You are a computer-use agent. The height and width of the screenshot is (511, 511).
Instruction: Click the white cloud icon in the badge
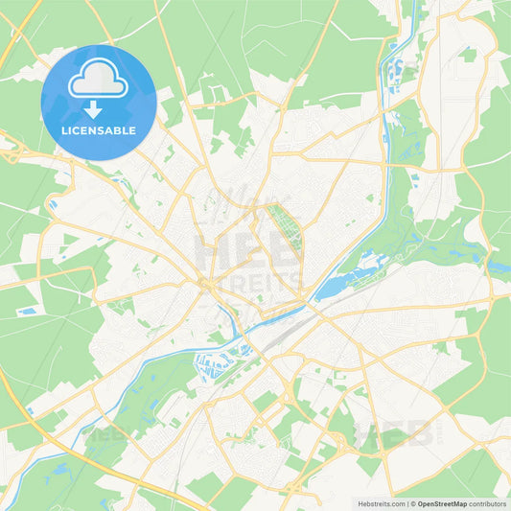coord(99,81)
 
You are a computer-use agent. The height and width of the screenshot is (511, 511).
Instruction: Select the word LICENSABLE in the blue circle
coord(99,129)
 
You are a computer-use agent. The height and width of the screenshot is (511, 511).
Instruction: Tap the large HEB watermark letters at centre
coord(244,251)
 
